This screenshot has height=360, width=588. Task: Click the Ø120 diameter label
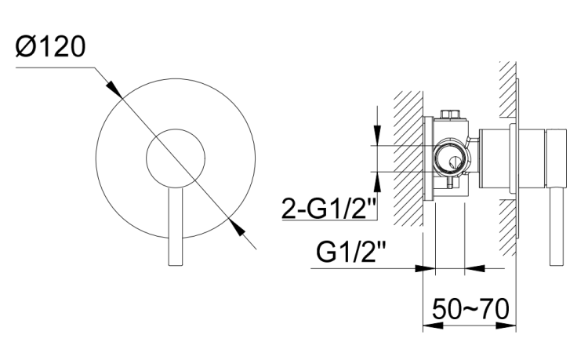[51, 47]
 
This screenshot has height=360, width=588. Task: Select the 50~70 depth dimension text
[470, 309]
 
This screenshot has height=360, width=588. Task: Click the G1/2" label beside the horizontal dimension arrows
[350, 252]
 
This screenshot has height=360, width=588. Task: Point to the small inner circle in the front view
[176, 129]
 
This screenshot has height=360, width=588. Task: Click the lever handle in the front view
[176, 226]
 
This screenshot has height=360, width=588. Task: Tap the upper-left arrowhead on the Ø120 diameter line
[114, 89]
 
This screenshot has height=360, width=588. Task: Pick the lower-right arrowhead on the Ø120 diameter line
[236, 227]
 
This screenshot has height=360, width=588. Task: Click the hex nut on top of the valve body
[451, 114]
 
